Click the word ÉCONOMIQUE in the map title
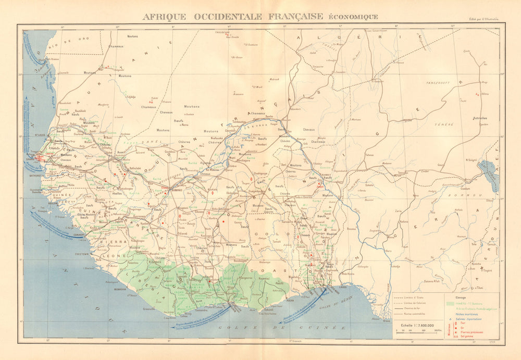(352, 17)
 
